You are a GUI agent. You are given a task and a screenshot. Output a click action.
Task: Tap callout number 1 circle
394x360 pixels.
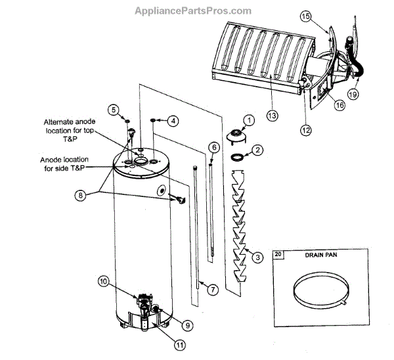tap(249, 120)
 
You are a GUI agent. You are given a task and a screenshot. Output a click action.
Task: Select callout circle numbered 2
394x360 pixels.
tap(258, 150)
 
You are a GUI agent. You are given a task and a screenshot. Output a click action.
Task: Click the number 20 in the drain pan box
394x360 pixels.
tap(278, 254)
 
